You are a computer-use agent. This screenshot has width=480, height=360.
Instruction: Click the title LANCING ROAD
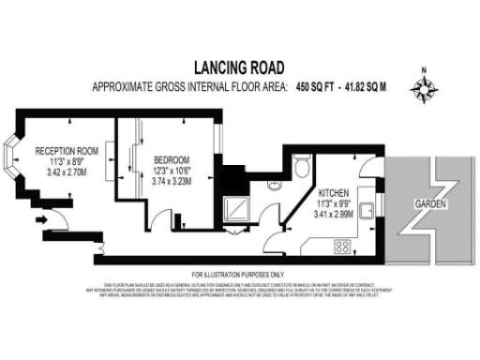click(x=239, y=67)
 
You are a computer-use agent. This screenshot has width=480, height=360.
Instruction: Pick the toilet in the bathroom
click(x=299, y=167)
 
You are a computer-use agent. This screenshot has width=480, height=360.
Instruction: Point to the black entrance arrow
click(x=40, y=220)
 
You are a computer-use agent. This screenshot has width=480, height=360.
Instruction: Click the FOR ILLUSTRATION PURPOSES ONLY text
click(x=239, y=273)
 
